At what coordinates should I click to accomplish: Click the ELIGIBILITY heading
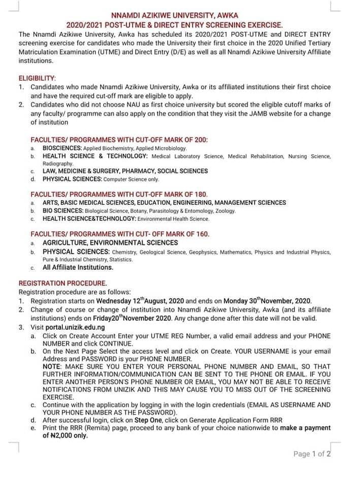pyautogui.click(x=38, y=78)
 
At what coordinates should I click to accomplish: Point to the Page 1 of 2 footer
pyautogui.click(x=312, y=454)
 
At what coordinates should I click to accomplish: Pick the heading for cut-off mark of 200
pyautogui.click(x=119, y=140)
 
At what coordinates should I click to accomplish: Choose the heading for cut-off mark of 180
pyautogui.click(x=119, y=194)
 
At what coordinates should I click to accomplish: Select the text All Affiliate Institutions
pyautogui.click(x=78, y=267)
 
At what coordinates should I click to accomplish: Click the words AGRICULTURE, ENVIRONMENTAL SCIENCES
pyautogui.click(x=110, y=242)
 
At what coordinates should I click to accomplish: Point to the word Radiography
pyautogui.click(x=58, y=164)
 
